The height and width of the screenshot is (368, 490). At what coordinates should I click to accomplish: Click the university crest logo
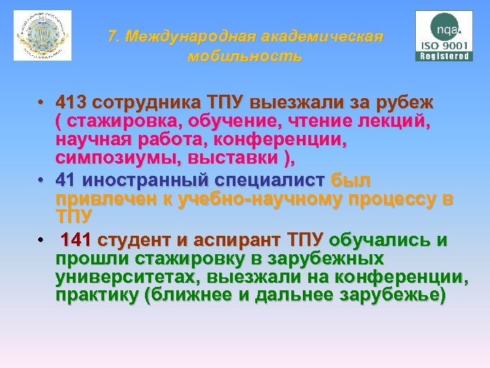click(42, 35)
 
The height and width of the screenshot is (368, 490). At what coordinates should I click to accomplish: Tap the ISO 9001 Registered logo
click(444, 35)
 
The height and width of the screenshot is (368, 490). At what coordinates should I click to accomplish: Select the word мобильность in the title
click(245, 56)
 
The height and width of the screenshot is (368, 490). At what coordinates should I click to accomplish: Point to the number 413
click(75, 103)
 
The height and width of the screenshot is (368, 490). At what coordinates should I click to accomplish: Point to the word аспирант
click(240, 240)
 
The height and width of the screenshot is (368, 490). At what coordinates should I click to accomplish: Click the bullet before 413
click(42, 104)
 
